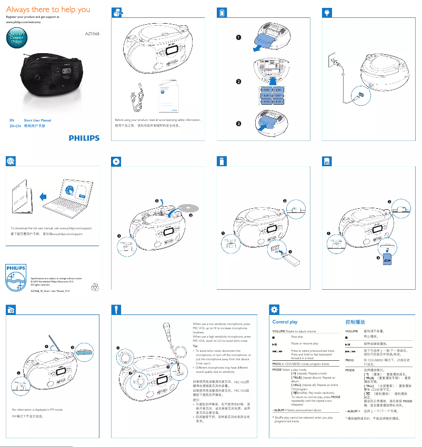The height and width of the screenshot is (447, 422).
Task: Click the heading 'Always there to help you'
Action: click(48, 9)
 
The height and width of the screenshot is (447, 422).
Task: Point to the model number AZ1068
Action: click(92, 34)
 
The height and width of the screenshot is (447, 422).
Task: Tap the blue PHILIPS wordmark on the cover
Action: click(84, 138)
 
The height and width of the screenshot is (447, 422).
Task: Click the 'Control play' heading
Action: click(285, 321)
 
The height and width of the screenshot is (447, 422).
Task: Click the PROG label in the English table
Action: click(276, 363)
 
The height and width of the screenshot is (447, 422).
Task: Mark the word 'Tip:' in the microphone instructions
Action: click(196, 346)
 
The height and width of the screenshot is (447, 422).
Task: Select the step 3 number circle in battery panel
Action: click(238, 124)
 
